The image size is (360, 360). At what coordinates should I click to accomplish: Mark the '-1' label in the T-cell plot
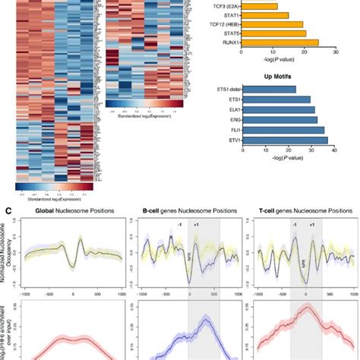pos(293,225)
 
